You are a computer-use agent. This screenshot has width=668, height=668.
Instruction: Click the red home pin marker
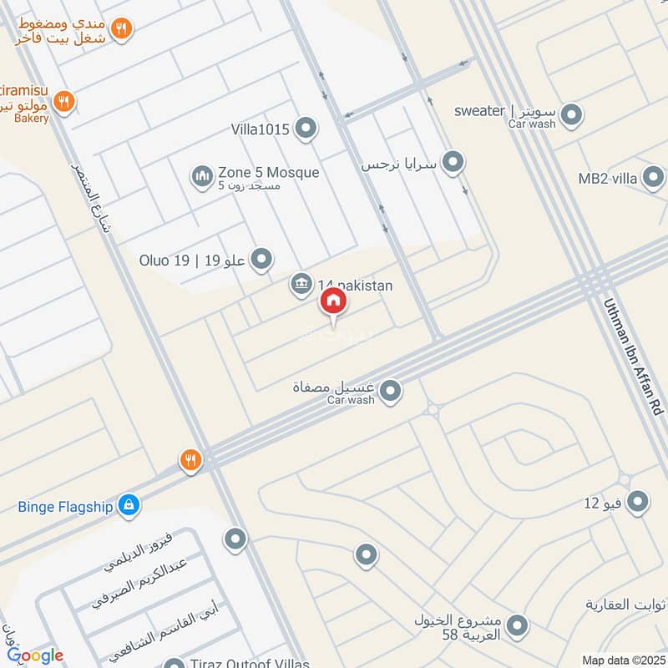[x=332, y=301]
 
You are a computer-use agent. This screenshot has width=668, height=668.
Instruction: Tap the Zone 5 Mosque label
[x=268, y=173]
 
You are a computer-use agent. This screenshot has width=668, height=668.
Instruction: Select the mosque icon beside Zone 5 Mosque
[x=202, y=176]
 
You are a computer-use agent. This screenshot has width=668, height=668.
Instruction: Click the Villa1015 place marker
[x=307, y=129]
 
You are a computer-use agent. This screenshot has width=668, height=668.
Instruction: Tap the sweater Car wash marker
[x=571, y=114]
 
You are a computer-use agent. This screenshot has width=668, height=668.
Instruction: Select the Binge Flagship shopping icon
[x=128, y=504]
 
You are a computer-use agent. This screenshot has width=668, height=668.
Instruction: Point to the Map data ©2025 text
[x=622, y=660]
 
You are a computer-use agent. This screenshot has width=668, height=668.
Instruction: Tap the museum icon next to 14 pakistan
[x=301, y=285]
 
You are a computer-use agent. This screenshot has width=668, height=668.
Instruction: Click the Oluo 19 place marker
[x=262, y=259]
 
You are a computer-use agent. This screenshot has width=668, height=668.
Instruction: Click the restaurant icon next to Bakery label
[x=64, y=103]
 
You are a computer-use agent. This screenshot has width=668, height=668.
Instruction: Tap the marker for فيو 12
[x=638, y=502]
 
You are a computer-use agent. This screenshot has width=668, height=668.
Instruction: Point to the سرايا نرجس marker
[x=453, y=162]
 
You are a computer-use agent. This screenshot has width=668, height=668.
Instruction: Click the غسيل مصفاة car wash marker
[x=390, y=390]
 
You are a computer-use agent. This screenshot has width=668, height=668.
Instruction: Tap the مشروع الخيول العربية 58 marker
[x=518, y=625]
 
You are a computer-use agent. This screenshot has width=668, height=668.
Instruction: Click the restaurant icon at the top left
[x=122, y=29]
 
